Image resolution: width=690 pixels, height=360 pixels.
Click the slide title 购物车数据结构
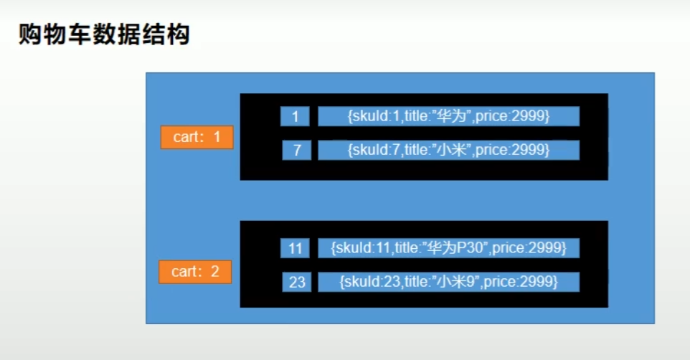point(104,34)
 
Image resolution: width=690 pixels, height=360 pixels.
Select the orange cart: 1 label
point(197,137)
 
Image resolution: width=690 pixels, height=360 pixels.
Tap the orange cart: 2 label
point(195,272)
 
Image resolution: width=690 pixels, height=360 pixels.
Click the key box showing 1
point(295,116)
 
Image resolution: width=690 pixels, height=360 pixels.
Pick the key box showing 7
point(296,150)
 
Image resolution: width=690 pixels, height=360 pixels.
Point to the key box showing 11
point(295,249)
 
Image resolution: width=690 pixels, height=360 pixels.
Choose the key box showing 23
point(297,282)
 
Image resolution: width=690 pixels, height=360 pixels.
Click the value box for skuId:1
point(448,116)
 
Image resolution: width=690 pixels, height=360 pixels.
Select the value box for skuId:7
point(448,150)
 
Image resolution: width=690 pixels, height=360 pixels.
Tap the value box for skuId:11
point(448,248)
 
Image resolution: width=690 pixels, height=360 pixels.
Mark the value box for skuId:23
point(448,281)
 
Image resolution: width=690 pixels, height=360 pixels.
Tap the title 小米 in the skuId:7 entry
point(453,150)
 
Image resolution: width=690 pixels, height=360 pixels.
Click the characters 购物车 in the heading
point(51,34)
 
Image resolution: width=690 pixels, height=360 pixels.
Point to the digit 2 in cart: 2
point(215,272)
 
